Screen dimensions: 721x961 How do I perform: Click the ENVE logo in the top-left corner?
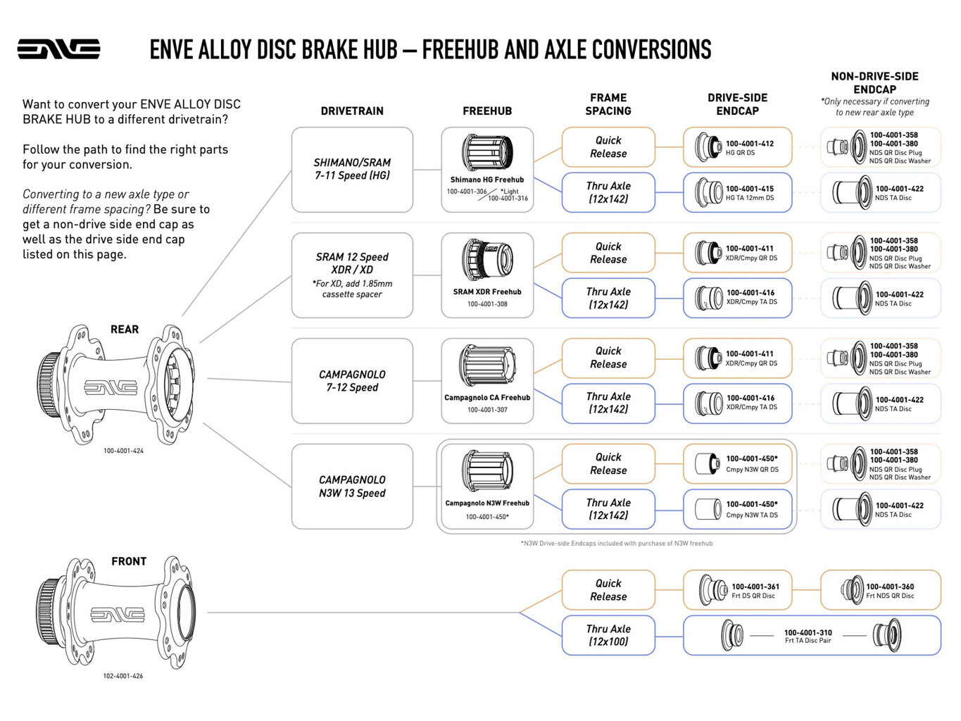pyautogui.click(x=58, y=49)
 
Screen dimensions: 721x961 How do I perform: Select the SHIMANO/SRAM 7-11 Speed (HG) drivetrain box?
pyautogui.click(x=352, y=169)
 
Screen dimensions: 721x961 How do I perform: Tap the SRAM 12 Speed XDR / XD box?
pyautogui.click(x=352, y=275)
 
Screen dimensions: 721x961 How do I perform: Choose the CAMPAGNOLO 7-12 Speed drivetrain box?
pyautogui.click(x=352, y=380)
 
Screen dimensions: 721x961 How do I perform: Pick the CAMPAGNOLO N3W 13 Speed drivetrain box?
pyautogui.click(x=352, y=486)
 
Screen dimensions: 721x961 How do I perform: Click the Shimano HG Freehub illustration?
pyautogui.click(x=486, y=153)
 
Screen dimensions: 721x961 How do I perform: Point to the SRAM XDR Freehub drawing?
pyautogui.click(x=486, y=260)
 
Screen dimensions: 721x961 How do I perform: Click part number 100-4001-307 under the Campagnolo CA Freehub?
pyautogui.click(x=487, y=410)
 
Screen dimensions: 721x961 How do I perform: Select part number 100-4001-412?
pyautogui.click(x=750, y=144)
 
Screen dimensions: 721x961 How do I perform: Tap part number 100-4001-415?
pyautogui.click(x=750, y=189)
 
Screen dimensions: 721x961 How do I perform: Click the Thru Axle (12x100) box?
pyautogui.click(x=608, y=635)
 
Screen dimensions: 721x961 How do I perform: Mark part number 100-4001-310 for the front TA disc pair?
pyautogui.click(x=808, y=632)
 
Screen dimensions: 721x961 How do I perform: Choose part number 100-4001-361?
pyautogui.click(x=755, y=587)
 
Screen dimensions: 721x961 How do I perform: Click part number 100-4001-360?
pyautogui.click(x=890, y=587)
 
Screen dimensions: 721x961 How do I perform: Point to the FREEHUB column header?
pyautogui.click(x=487, y=111)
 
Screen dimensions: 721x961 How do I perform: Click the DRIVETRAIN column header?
pyautogui.click(x=352, y=111)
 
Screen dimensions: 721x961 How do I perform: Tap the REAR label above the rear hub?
pyautogui.click(x=125, y=330)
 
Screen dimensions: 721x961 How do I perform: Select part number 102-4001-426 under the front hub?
pyautogui.click(x=123, y=676)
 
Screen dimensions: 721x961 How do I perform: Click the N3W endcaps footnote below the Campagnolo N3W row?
pyautogui.click(x=617, y=544)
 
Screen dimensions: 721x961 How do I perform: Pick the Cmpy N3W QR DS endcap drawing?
pyautogui.click(x=707, y=463)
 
